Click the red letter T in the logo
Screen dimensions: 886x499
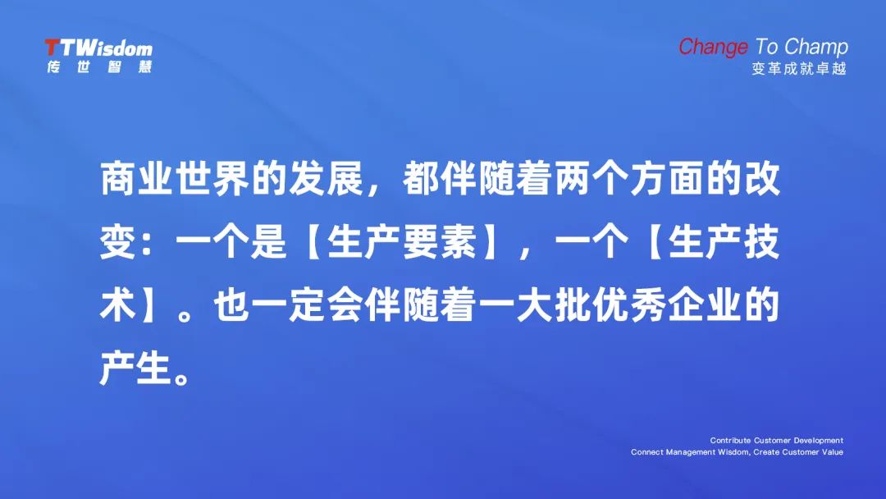coord(53,48)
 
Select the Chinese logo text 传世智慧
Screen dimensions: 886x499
coord(99,66)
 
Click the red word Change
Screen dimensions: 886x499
coord(713,48)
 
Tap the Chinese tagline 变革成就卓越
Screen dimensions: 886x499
coord(799,68)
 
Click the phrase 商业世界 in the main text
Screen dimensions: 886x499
coord(176,179)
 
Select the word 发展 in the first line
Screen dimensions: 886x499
coord(326,179)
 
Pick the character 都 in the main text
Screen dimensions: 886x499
coord(421,179)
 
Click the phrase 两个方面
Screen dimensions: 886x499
coord(629,179)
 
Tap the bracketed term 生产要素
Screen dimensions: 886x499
coord(402,242)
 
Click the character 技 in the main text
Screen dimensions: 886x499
coord(762,242)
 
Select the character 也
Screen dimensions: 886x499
coord(231,306)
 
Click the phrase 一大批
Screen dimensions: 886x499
coord(535,306)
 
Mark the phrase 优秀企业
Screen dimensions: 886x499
coord(667,306)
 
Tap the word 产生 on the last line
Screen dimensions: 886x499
coord(136,369)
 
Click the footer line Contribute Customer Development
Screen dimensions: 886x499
coord(776,440)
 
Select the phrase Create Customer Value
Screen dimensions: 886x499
coord(798,452)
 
